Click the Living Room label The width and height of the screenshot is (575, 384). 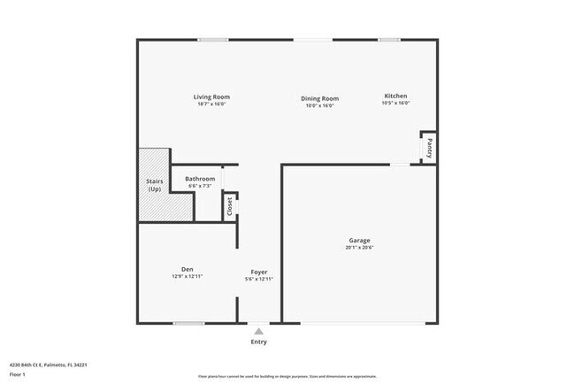[212, 96]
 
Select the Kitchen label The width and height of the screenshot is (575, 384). [395, 96]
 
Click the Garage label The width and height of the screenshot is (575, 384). [359, 240]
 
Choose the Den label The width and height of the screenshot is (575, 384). [188, 269]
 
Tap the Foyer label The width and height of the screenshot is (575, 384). [259, 272]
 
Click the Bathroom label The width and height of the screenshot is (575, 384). [200, 179]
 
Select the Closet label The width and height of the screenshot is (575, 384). [230, 206]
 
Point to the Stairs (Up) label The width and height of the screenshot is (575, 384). [154, 186]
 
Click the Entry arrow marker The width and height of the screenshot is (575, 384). [258, 331]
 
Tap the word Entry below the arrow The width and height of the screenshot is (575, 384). [258, 342]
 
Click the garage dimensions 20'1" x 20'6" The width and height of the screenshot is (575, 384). [359, 248]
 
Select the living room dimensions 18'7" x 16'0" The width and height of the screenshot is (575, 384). [212, 104]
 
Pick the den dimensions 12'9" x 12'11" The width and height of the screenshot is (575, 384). [188, 277]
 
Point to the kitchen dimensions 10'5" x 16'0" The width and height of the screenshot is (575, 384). [395, 104]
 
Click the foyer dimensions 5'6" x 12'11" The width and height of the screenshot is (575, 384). [259, 280]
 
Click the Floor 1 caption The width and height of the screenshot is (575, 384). [19, 374]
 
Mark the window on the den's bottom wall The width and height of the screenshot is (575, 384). [189, 323]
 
